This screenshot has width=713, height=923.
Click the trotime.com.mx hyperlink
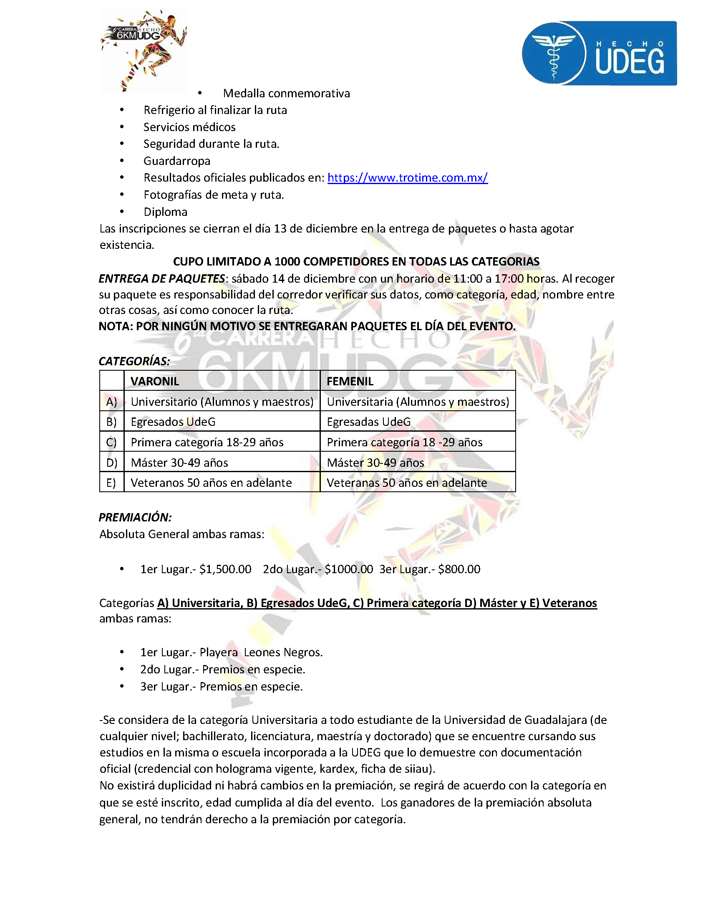[x=407, y=177]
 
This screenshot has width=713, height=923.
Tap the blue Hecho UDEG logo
[x=599, y=53]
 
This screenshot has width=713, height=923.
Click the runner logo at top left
[x=144, y=50]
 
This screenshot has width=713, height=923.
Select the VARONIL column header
[x=155, y=381]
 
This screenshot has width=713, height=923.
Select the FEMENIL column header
[x=350, y=381]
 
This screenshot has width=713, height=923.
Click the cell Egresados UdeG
[x=173, y=422]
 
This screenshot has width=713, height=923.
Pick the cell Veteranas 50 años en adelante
[x=407, y=483]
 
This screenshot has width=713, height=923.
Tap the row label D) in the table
[x=111, y=463]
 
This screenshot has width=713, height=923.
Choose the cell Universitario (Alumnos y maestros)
[x=222, y=402]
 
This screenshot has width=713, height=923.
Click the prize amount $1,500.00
[x=225, y=569]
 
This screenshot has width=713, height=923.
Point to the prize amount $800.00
[x=459, y=569]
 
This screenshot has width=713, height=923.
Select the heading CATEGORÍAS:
[x=134, y=361]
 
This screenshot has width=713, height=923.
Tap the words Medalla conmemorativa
[x=286, y=93]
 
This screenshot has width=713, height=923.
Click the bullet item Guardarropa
[x=176, y=161]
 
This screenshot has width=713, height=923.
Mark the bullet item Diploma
[x=165, y=212]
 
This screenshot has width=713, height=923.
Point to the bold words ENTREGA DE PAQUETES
[x=162, y=278]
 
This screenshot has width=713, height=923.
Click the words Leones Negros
[x=283, y=652]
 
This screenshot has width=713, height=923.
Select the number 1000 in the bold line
[x=287, y=262]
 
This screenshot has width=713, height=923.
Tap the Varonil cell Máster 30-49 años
[x=179, y=463]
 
